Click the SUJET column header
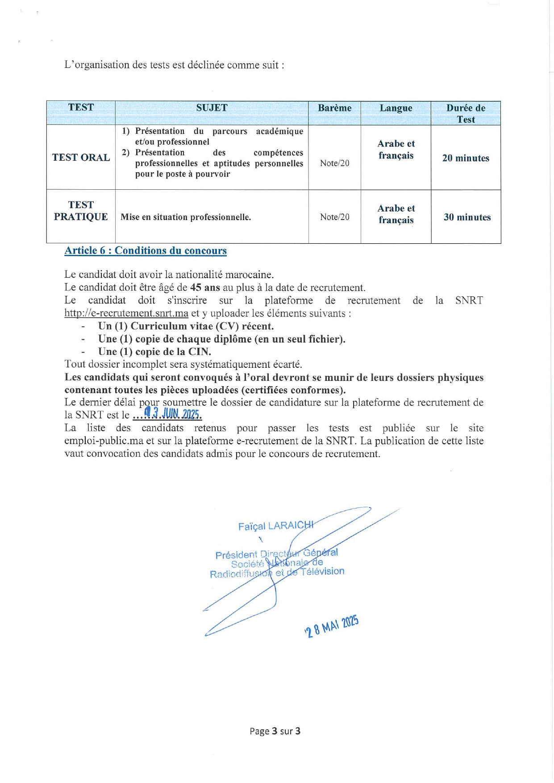pyautogui.click(x=212, y=108)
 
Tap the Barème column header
pyautogui.click(x=334, y=108)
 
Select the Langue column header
pyautogui.click(x=396, y=108)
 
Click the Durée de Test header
pyautogui.click(x=466, y=113)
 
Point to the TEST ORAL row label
pyautogui.click(x=81, y=158)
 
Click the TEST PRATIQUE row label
pyautogui.click(x=81, y=211)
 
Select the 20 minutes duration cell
pyautogui.click(x=466, y=158)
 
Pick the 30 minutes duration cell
pyautogui.click(x=467, y=217)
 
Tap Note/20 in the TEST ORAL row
pyautogui.click(x=334, y=163)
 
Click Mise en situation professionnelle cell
pyautogui.click(x=186, y=217)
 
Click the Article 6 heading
pyautogui.click(x=146, y=250)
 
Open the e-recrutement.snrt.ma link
pyautogui.click(x=126, y=313)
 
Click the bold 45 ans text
pyautogui.click(x=205, y=287)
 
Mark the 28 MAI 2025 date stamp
pyautogui.click(x=332, y=626)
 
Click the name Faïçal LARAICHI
pyautogui.click(x=275, y=526)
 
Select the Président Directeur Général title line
pyautogui.click(x=276, y=554)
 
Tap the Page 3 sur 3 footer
pyautogui.click(x=275, y=731)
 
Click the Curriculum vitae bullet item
pyautogui.click(x=186, y=326)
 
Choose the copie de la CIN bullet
pyautogui.click(x=154, y=352)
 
